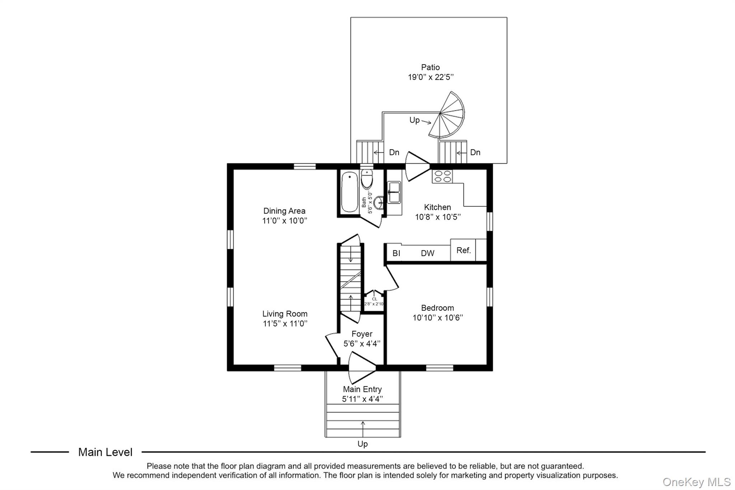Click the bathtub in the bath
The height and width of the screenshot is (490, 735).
(349, 192)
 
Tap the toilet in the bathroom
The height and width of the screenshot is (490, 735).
(367, 179)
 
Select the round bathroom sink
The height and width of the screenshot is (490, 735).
(378, 202)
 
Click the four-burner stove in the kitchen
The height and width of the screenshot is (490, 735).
(443, 176)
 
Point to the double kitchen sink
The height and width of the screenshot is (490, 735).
(394, 192)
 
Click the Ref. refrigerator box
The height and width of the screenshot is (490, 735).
(463, 250)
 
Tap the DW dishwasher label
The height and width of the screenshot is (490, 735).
(427, 253)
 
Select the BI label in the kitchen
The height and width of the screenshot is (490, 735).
(396, 253)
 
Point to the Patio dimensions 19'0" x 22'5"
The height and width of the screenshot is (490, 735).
(431, 77)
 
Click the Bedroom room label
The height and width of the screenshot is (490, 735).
(437, 308)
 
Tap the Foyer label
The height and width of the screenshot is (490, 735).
(362, 334)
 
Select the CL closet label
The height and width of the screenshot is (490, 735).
(374, 299)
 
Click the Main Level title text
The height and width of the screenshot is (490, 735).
(105, 452)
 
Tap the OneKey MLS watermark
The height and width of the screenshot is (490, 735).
(697, 482)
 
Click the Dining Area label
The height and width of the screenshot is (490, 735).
(284, 211)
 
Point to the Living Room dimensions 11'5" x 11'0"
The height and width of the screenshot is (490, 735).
(285, 323)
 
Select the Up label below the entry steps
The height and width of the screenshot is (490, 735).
(362, 444)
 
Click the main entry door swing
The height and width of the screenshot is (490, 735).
(362, 368)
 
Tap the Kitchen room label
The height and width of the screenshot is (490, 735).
(437, 207)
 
